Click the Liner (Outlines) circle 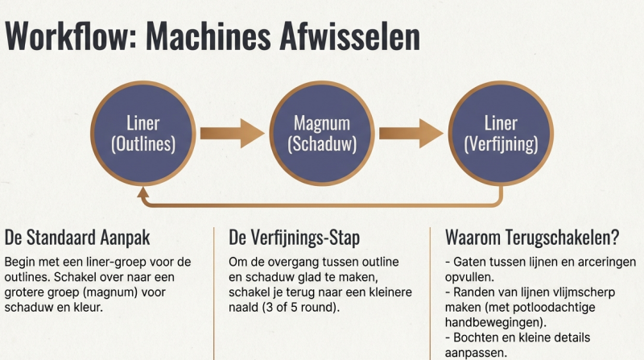(143, 134)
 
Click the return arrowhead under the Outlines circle (143, 192)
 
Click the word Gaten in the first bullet (469, 262)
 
